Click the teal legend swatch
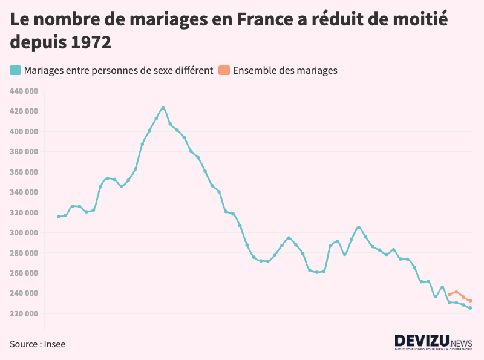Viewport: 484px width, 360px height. tap(15, 70)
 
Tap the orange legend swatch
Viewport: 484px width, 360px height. tap(224, 70)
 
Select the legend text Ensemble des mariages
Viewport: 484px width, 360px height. tap(285, 70)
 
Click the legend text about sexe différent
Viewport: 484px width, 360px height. tap(119, 70)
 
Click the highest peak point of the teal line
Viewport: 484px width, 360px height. tap(163, 108)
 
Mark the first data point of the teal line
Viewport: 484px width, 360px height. tap(59, 217)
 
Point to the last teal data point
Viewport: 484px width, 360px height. tap(470, 308)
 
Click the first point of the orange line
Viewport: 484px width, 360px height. tap(450, 295)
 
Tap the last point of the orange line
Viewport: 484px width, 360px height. tap(470, 301)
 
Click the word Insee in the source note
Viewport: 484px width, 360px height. tap(54, 344)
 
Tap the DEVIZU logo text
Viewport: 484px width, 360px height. tap(417, 341)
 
